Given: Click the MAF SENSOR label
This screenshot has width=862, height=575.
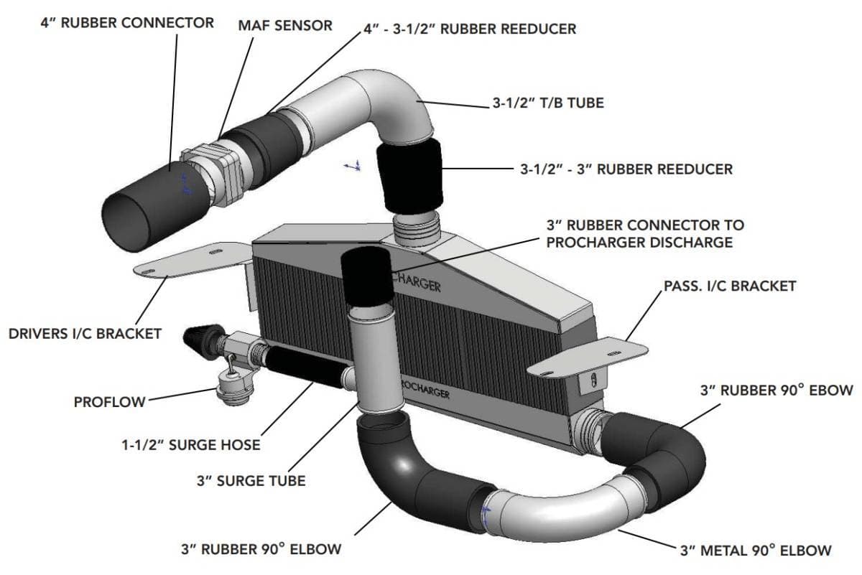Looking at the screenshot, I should [285, 25].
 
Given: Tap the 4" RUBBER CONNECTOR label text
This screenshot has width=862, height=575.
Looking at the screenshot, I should [126, 22].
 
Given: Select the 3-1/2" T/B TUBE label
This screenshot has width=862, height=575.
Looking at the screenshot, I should [548, 103].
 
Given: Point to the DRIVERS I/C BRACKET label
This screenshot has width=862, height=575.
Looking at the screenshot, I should [85, 333].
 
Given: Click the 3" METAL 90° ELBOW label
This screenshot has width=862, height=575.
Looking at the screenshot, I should [756, 551].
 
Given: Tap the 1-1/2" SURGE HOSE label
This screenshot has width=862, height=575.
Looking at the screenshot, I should [190, 444].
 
